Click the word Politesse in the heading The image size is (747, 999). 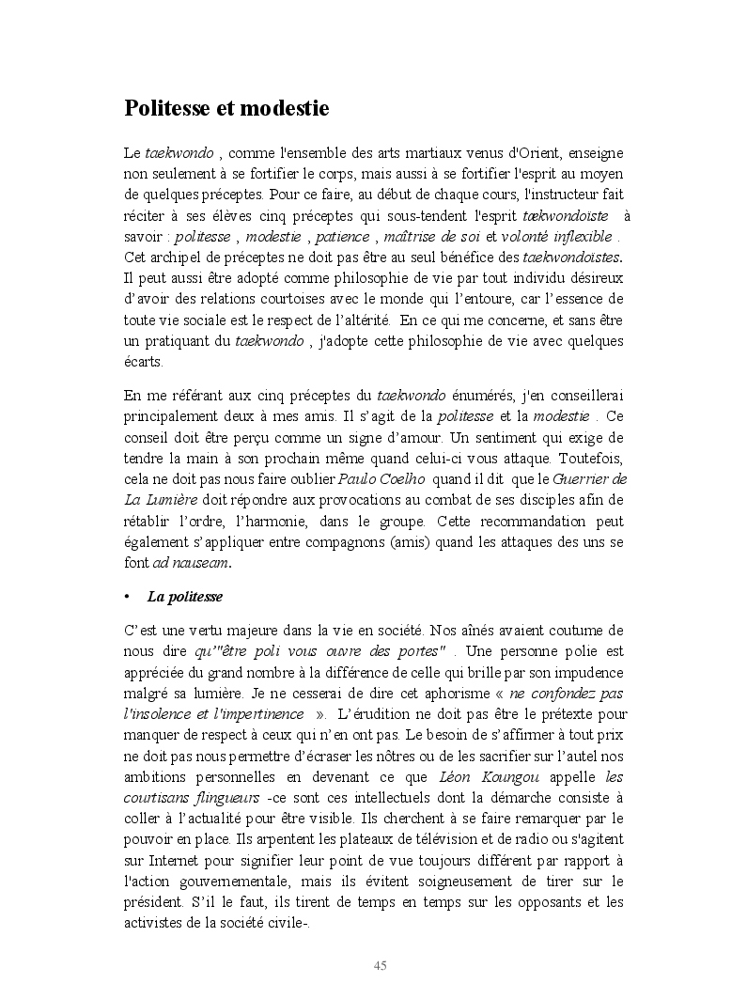[168, 109]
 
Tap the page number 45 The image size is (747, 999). [381, 966]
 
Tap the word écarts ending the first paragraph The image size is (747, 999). [143, 362]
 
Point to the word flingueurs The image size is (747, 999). [221, 798]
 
